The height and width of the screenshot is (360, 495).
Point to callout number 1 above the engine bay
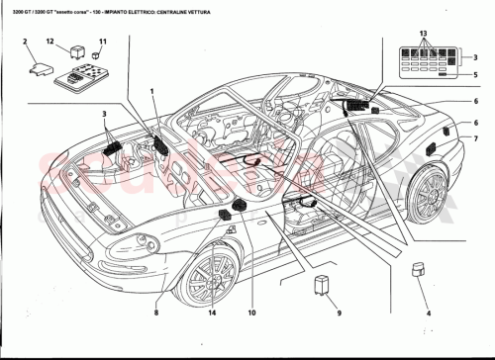coord(152,91)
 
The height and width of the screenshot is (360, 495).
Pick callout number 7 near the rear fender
coord(474,139)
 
